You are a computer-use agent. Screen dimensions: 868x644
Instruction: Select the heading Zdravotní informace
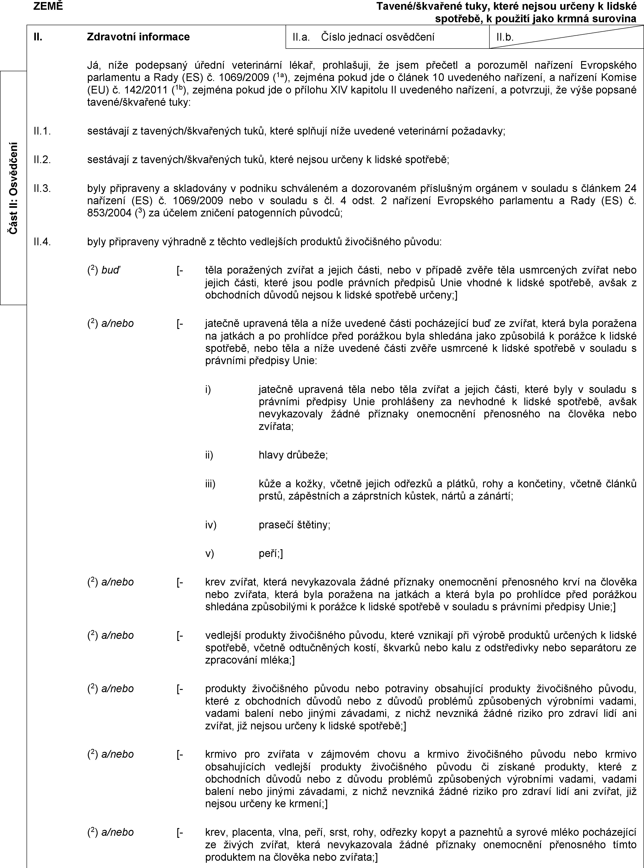click(x=138, y=37)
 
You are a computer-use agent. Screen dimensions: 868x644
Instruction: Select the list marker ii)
click(x=209, y=455)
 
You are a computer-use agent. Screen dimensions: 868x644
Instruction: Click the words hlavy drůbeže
click(x=293, y=455)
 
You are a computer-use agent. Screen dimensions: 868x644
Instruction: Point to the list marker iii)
click(x=210, y=483)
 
